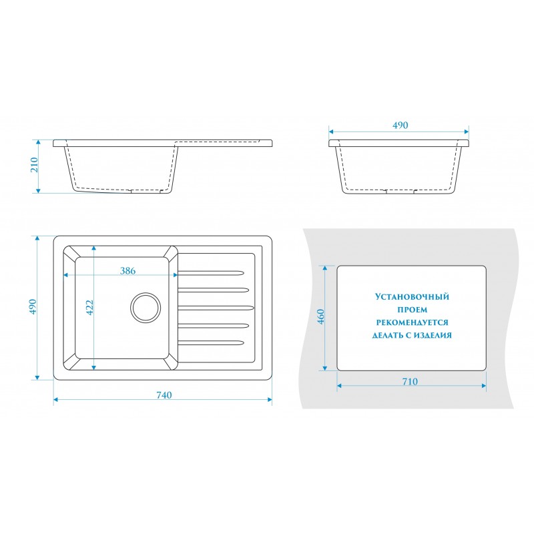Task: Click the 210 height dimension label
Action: pos(35,164)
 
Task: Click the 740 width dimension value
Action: pos(164,394)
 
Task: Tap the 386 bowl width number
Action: pos(127,271)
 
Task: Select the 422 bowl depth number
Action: pos(89,308)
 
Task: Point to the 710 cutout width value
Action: pos(410,381)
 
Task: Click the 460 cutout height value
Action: pos(321,316)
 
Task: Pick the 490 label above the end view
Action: pos(400,125)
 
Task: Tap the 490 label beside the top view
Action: pos(33,307)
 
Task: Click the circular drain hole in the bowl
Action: pos(145,308)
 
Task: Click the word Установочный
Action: pos(412,296)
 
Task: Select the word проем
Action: pos(412,310)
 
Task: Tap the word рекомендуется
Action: pos(412,322)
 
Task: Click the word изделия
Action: pos(433,336)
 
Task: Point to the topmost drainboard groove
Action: pos(211,273)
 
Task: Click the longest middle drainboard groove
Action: pos(216,308)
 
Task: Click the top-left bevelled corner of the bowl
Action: pos(71,254)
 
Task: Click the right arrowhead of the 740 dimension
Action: pos(270,399)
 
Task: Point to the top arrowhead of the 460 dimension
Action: pos(325,268)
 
